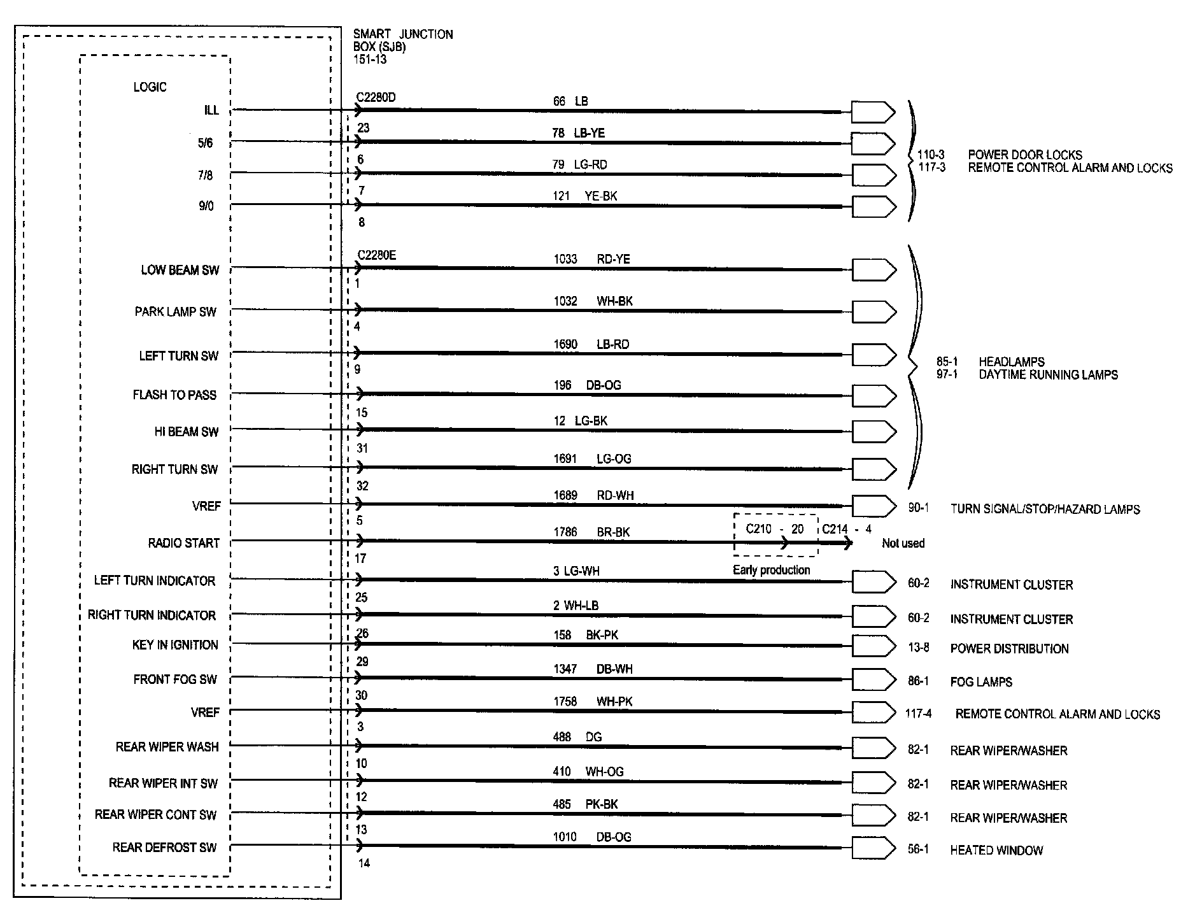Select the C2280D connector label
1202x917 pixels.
tap(376, 97)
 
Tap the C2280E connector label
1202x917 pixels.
tap(376, 255)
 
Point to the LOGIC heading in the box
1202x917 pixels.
tap(150, 87)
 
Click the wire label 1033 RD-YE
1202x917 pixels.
tap(591, 259)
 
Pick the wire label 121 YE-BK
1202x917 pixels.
tap(584, 196)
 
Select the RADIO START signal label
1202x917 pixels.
tap(183, 543)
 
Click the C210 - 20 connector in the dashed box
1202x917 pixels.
tap(775, 529)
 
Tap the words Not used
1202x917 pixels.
tap(903, 543)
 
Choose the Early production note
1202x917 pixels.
tap(771, 570)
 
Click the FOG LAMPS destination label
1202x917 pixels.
tap(981, 682)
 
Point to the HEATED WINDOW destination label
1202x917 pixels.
tap(996, 850)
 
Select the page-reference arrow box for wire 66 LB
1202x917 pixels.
tap(873, 113)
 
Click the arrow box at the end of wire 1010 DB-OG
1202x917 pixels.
tap(873, 848)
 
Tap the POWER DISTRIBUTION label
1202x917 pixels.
tap(1009, 649)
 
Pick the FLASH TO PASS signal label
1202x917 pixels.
tap(174, 395)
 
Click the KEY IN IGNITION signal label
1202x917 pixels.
tap(175, 645)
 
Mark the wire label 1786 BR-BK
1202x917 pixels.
tap(591, 532)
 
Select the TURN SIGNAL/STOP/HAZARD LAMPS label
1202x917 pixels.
tap(1045, 509)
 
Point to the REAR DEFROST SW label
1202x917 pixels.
tap(164, 848)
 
